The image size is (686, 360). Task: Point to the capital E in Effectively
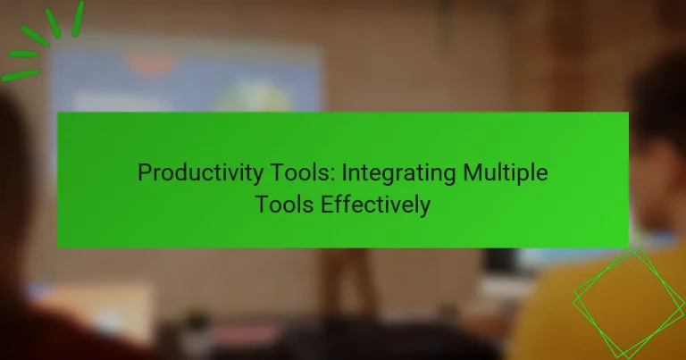327,205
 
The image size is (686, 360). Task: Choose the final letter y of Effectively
425,207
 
